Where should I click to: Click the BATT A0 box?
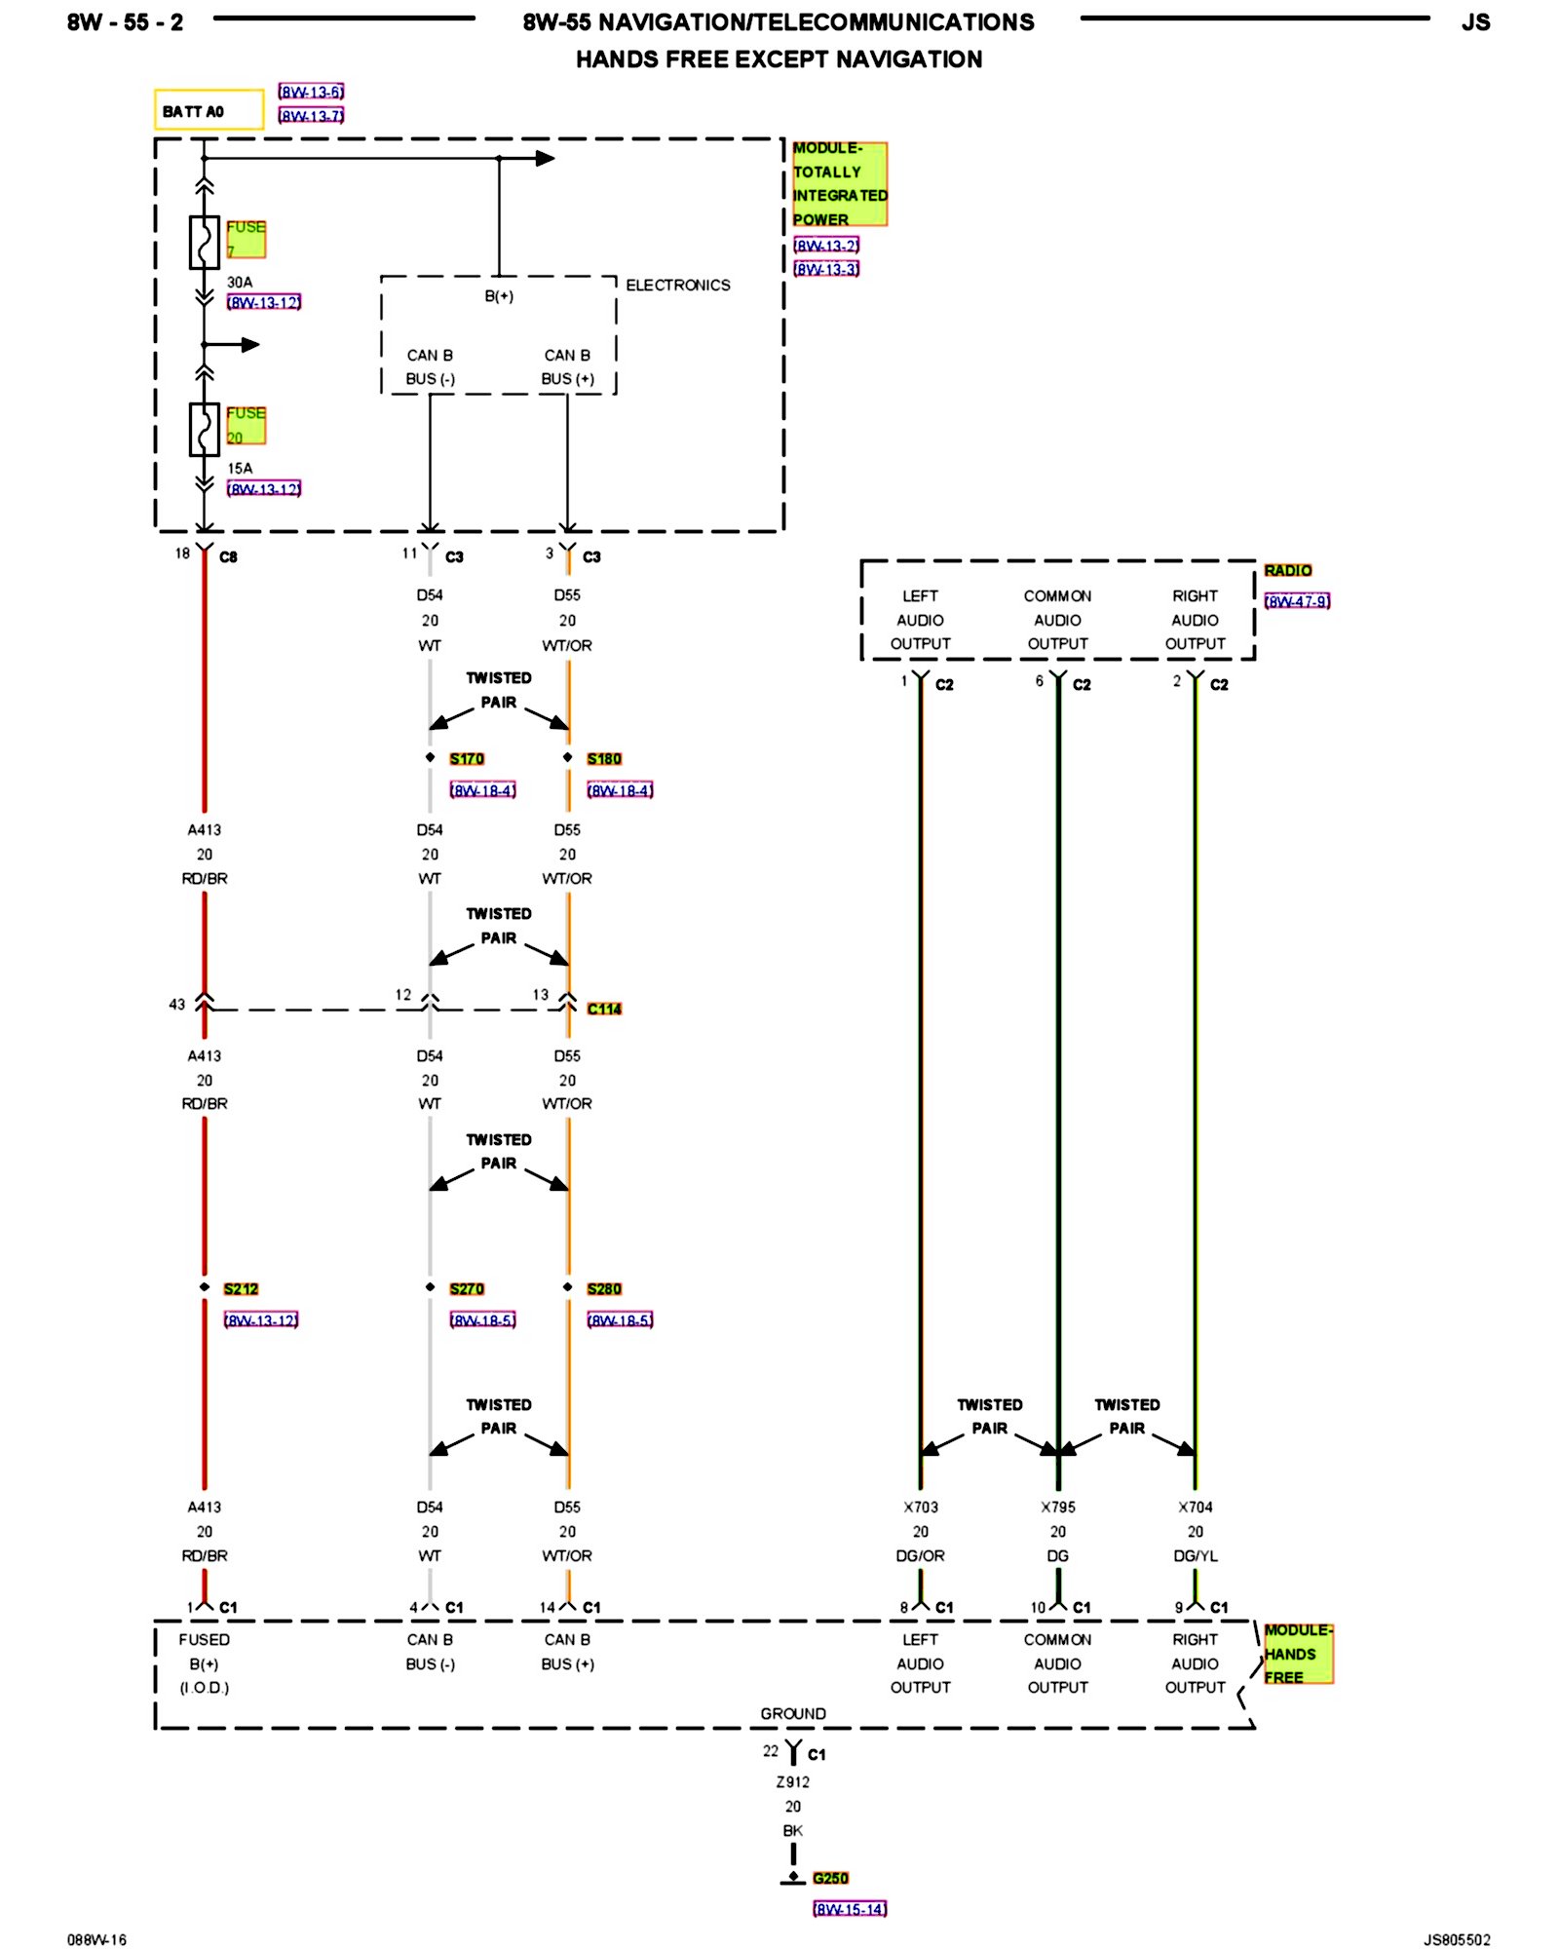(208, 110)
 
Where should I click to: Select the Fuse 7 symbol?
(204, 242)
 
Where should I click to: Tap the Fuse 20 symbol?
(204, 429)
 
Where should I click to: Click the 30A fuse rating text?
(240, 282)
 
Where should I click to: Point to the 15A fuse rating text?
(240, 468)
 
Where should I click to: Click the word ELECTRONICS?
(677, 285)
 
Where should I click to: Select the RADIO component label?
(1287, 570)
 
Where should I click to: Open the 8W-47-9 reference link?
(1297, 601)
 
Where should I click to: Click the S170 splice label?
(467, 758)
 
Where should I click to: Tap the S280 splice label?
(604, 1288)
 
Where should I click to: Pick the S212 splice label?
(241, 1288)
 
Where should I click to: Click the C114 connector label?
(604, 1009)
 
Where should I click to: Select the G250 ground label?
(830, 1878)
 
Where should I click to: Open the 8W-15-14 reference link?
(850, 1909)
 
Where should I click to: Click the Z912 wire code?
(793, 1781)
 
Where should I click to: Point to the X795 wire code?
(1058, 1507)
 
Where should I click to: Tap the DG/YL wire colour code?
(1196, 1556)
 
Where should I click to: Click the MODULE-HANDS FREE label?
(1297, 1654)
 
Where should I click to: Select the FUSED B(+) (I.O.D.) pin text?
(205, 1663)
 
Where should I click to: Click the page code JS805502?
(1457, 1939)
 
